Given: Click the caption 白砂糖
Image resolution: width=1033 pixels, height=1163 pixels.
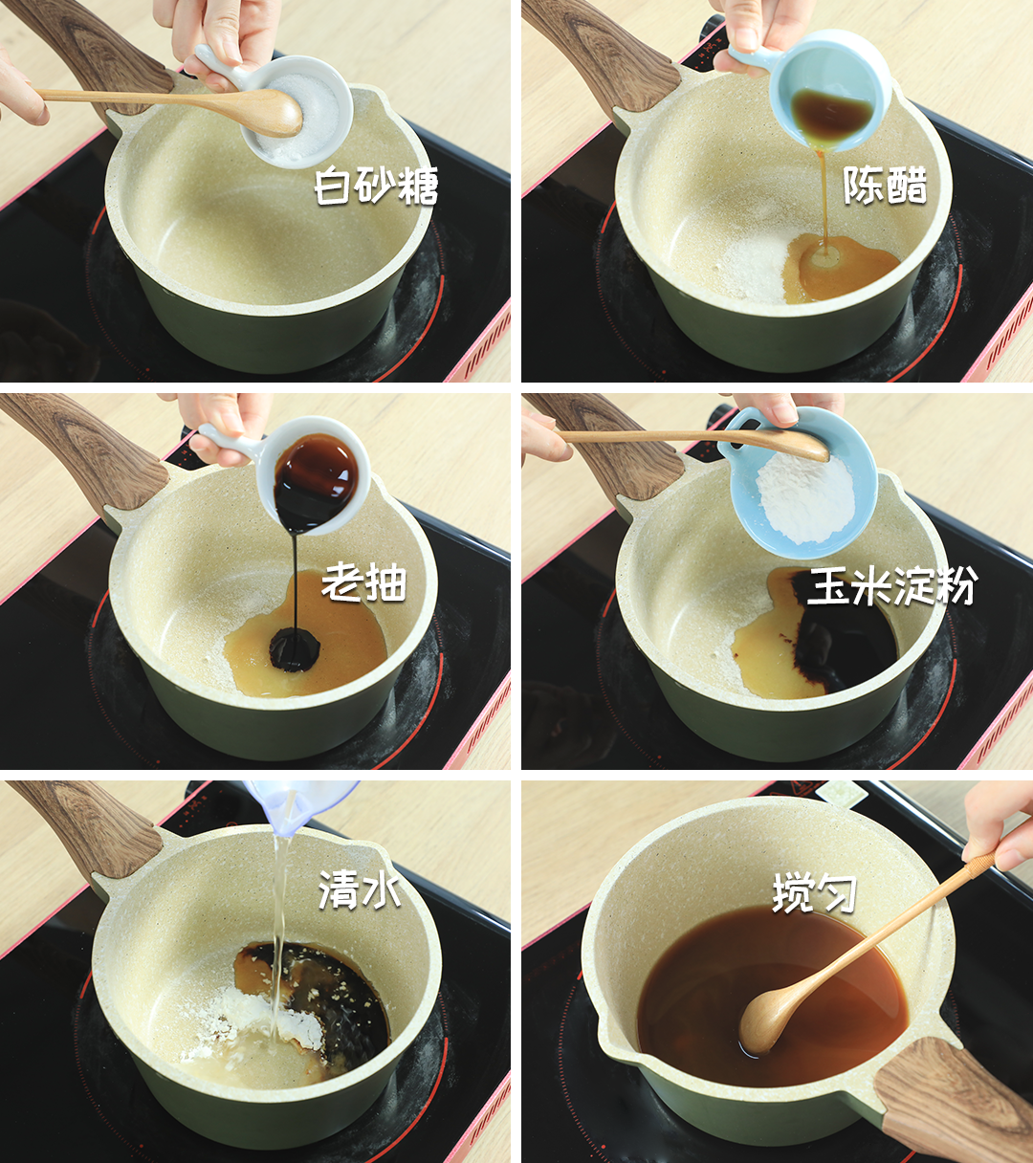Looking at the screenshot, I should (x=376, y=187).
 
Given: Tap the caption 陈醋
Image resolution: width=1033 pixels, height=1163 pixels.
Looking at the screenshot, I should (x=885, y=185).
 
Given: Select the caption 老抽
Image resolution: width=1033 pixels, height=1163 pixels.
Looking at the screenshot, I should (x=363, y=581).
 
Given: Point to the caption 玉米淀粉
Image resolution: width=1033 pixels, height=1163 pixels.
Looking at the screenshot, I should (x=890, y=585).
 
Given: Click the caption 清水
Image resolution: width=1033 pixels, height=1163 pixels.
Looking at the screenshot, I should (x=359, y=890).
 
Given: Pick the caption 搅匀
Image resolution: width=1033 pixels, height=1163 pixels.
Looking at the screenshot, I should (x=814, y=894).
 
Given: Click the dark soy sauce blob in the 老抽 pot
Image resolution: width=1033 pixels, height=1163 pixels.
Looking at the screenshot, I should (x=295, y=648).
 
